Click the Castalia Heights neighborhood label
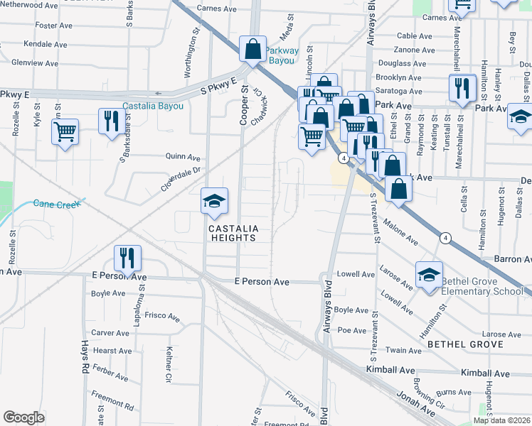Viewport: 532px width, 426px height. (232, 233)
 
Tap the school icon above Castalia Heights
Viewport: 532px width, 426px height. (214, 202)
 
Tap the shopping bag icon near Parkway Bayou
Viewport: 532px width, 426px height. (252, 49)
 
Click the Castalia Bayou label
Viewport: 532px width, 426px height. (153, 106)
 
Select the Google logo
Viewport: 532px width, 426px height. (23, 417)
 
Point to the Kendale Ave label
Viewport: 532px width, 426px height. (45, 44)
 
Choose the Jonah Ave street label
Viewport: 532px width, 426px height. (416, 403)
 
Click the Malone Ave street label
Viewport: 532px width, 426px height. (400, 233)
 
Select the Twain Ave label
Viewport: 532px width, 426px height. (405, 351)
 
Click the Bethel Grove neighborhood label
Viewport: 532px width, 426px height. (465, 344)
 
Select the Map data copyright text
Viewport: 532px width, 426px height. (502, 420)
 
